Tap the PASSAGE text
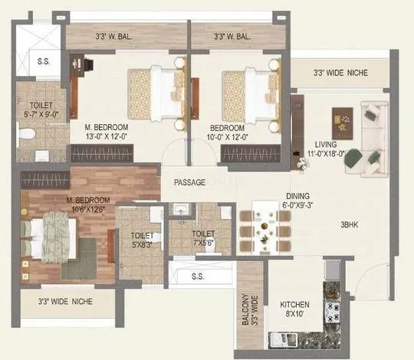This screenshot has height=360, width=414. tap(189, 182)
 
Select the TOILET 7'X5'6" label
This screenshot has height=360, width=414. tap(203, 238)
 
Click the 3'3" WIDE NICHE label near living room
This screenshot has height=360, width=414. tap(340, 73)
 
